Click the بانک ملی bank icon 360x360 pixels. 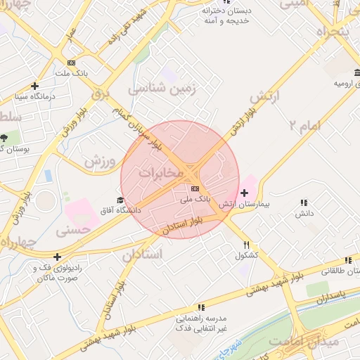[x=195, y=188]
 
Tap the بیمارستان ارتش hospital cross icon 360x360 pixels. [x=244, y=193]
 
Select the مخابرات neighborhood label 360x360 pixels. [x=161, y=172]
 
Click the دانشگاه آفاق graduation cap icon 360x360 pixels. [x=120, y=200]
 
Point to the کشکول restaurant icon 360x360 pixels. [x=246, y=245]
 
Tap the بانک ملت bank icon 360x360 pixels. [x=70, y=63]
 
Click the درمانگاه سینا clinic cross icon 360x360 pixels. [x=34, y=85]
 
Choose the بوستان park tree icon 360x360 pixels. [x=5, y=136]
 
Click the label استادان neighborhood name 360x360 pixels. [x=142, y=254]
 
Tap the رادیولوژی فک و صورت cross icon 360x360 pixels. [x=56, y=257]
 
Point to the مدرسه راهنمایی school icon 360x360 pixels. [x=201, y=307]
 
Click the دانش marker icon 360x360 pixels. [x=304, y=202]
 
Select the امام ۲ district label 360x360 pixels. [x=302, y=125]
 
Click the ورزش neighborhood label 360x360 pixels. [x=99, y=162]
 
